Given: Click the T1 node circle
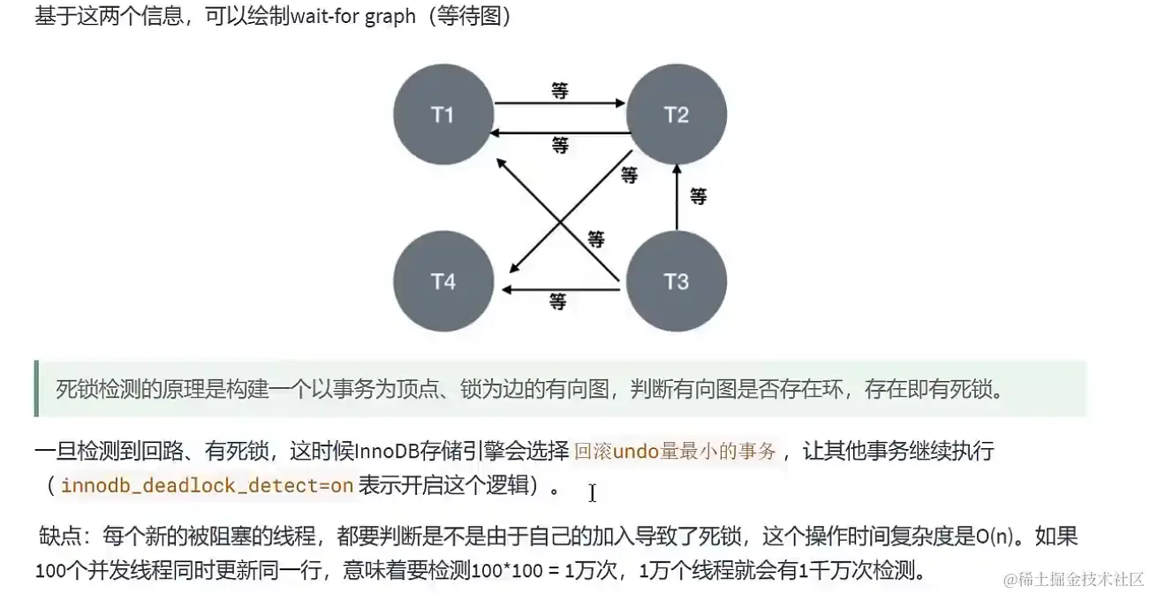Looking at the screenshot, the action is coord(443,114).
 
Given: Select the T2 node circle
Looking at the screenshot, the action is coord(677,114).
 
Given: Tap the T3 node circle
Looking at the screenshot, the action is coord(677,281).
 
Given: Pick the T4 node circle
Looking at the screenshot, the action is coord(443,281).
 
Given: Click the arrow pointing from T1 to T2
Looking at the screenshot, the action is coord(560,103).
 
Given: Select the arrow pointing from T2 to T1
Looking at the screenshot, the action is coord(560,133).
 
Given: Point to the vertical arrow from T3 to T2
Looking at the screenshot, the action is coord(677,197).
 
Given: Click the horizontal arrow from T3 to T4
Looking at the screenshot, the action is coord(561,290).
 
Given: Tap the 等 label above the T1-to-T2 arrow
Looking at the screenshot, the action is coord(560,90).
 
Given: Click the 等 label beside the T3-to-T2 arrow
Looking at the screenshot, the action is coord(698,195).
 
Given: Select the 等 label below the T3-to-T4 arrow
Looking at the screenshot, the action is coord(558,301).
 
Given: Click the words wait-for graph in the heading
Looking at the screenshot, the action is coord(352,17).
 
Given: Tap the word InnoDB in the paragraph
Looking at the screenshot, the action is coord(386,451).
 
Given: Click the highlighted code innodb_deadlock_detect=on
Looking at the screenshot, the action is coord(207,485).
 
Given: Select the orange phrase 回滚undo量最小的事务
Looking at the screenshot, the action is coord(675,451).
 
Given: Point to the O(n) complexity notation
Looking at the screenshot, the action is coord(995,537).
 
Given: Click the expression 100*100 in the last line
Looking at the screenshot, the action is coord(507,570).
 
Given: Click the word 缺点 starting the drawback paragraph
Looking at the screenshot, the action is coord(59,537).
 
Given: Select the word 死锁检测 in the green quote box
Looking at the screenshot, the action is coord(98,390).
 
